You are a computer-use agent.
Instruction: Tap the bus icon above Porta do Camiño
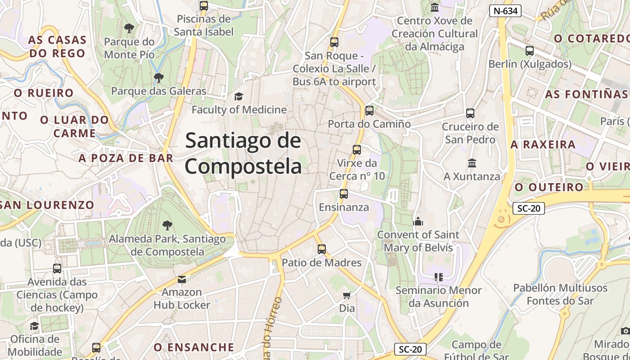coord(369,110)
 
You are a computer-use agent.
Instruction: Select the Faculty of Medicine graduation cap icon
coord(238,96)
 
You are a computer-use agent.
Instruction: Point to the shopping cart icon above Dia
coord(346,295)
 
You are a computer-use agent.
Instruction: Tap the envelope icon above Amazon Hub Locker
coord(181,279)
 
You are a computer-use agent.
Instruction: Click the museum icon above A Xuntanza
coord(472,163)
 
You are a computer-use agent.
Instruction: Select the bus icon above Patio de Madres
coord(321,249)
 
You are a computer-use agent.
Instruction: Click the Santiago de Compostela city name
coord(243,153)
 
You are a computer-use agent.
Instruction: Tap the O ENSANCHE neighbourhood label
coord(194,347)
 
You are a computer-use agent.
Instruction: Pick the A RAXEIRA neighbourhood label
coord(543,144)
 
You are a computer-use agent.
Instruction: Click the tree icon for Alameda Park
coord(167,225)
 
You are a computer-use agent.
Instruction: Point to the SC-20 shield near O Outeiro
coord(528,208)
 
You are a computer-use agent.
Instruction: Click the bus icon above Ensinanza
coord(344,194)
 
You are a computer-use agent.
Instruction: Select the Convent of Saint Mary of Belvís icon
coord(418,221)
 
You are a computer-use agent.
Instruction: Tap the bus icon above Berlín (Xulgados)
coord(530,51)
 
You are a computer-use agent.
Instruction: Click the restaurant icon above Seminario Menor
coord(438,277)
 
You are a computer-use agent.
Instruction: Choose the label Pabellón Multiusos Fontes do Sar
coord(560,294)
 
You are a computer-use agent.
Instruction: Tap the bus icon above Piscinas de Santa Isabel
coord(204,6)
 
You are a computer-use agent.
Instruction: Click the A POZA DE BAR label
coord(126,158)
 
